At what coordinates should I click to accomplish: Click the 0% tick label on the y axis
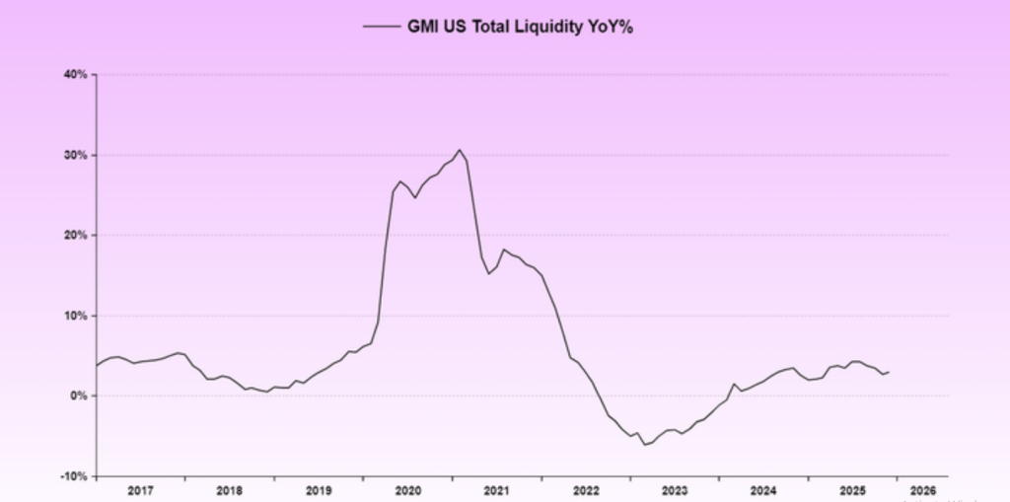click(x=80, y=396)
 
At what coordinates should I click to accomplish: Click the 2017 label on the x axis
click(x=140, y=489)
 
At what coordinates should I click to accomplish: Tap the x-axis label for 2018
click(x=229, y=489)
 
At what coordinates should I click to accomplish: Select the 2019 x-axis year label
click(x=319, y=489)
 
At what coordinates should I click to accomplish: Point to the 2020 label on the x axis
click(x=407, y=489)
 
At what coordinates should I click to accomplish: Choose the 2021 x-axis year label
click(x=496, y=489)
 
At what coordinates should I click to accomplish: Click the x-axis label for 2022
click(x=586, y=489)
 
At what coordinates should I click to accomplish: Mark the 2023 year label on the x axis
click(x=675, y=489)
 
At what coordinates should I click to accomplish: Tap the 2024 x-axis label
click(x=763, y=489)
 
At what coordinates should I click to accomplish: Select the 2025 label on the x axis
click(x=853, y=489)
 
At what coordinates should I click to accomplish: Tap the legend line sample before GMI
click(x=381, y=28)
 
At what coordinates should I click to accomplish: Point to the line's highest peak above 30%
click(x=460, y=150)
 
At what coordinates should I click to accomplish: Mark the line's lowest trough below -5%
click(x=645, y=445)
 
